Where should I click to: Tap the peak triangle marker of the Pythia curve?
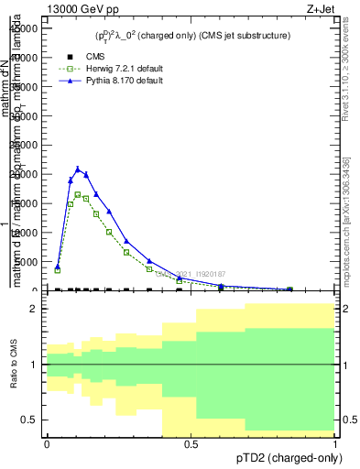pyautogui.click(x=78, y=169)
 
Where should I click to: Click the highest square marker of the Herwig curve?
pyautogui.click(x=78, y=194)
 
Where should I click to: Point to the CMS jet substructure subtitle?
pyautogui.click(x=192, y=36)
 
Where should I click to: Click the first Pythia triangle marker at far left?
pyautogui.click(x=58, y=267)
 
